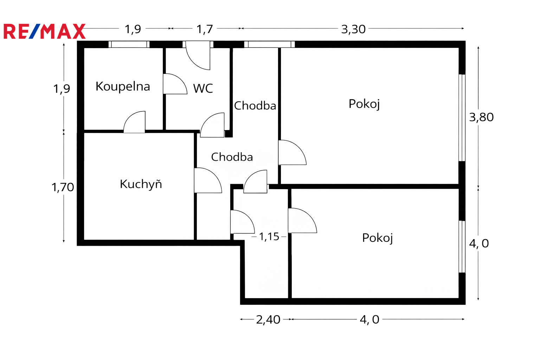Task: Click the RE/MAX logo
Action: [44, 31]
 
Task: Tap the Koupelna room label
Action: [123, 86]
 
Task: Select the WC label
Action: [203, 88]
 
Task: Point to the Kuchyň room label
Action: [141, 184]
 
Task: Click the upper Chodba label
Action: [255, 105]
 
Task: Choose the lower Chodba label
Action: [232, 157]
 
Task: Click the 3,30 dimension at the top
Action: [353, 29]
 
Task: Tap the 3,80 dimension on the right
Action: [481, 117]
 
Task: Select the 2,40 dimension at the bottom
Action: [268, 320]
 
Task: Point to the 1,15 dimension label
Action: [269, 237]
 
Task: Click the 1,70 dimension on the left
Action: [63, 187]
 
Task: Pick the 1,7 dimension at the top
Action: [205, 29]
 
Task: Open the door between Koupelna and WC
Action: [174, 84]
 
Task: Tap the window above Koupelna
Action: [129, 44]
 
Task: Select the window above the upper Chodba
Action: [269, 44]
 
